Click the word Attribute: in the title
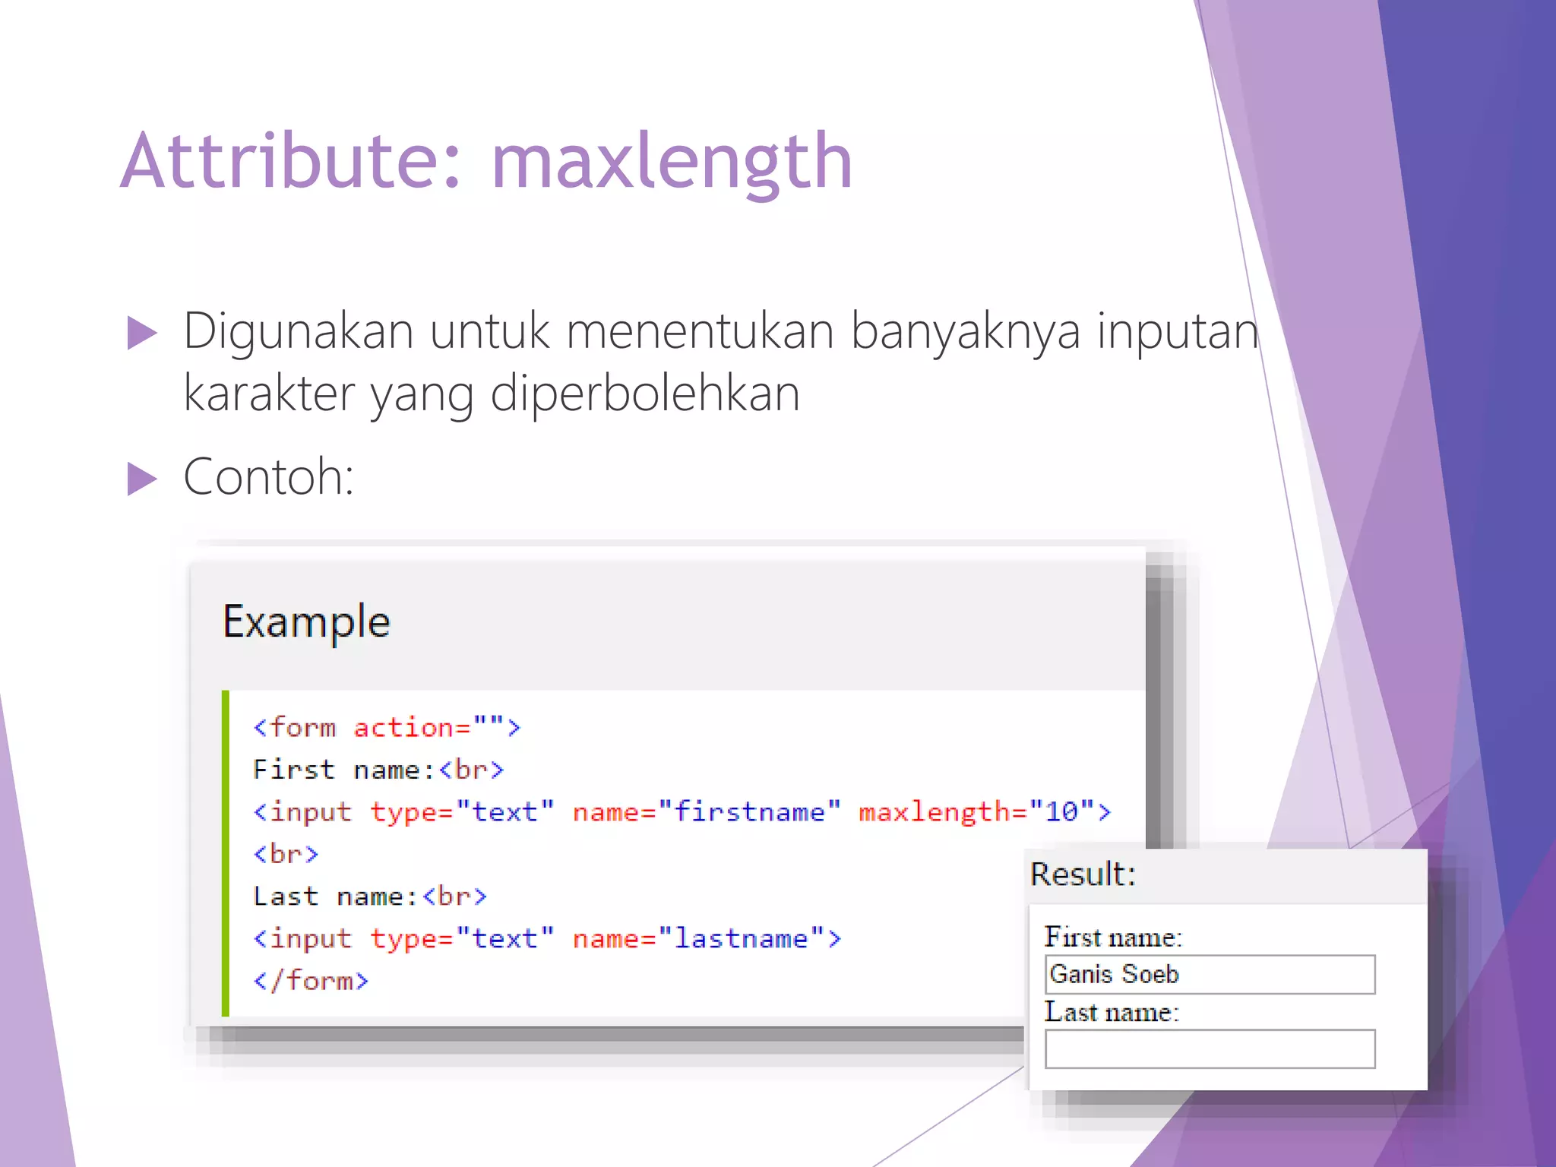[x=290, y=161]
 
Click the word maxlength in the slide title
[x=672, y=161]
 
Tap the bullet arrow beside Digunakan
[x=142, y=333]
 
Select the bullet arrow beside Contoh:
[x=142, y=479]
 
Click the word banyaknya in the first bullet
[x=964, y=331]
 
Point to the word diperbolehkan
[x=645, y=394]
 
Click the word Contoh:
[x=269, y=477]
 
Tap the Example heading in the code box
[x=306, y=621]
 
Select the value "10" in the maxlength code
[x=1061, y=812]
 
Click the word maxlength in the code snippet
[x=934, y=812]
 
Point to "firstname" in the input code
[x=749, y=812]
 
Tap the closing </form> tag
[x=311, y=981]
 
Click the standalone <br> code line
[x=286, y=855]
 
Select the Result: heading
[x=1083, y=874]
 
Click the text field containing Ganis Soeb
[x=1210, y=975]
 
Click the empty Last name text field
[x=1210, y=1049]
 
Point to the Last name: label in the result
[x=1112, y=1013]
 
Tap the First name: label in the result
[x=1113, y=938]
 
